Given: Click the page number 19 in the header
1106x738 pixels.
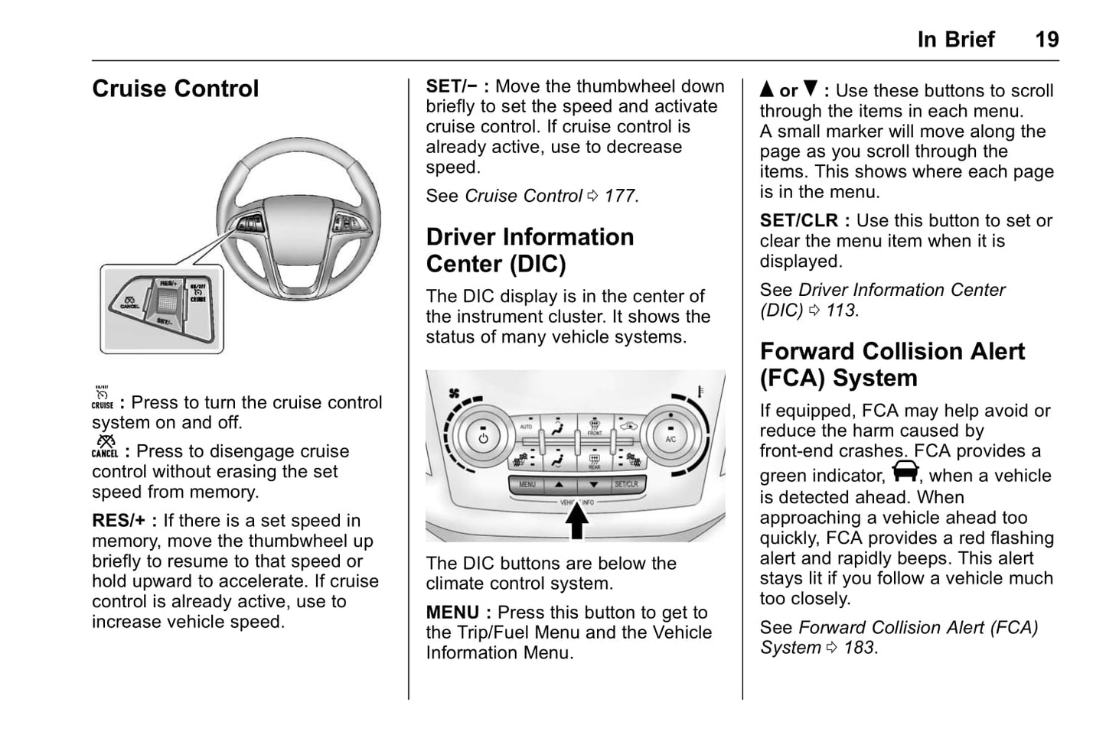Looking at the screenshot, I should (x=1046, y=39).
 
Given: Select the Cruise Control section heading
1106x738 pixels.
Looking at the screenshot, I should (x=175, y=89).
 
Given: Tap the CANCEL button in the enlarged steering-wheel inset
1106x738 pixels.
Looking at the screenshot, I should (x=129, y=302).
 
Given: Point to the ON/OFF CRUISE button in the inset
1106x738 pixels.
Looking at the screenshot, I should (x=197, y=292).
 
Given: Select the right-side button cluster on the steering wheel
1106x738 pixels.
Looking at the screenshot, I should (x=348, y=224).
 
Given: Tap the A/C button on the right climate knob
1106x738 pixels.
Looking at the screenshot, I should (x=670, y=438).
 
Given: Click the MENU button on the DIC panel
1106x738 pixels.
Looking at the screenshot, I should (x=528, y=484).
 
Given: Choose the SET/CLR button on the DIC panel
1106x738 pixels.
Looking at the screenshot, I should (x=625, y=484).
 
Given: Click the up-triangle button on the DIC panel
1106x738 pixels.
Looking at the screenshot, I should (x=560, y=484).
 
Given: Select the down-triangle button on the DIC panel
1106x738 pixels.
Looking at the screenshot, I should (x=593, y=484).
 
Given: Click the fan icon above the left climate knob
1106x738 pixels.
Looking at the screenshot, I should (x=454, y=393).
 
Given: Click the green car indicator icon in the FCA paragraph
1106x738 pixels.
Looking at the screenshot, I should (x=905, y=471).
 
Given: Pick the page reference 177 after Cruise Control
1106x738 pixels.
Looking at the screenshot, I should (x=620, y=196).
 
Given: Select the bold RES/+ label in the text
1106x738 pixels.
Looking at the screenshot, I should (x=119, y=521).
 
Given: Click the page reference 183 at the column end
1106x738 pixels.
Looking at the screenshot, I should (x=859, y=648).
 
